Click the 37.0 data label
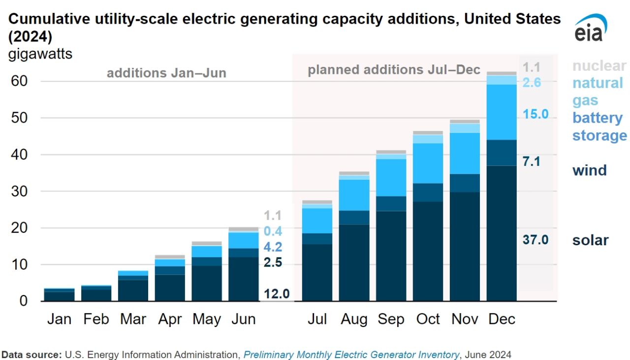pyautogui.click(x=535, y=240)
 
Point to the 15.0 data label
pyautogui.click(x=535, y=114)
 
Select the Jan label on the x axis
pyautogui.click(x=59, y=319)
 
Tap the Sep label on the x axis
pyautogui.click(x=391, y=319)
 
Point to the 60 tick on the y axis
pyautogui.click(x=19, y=81)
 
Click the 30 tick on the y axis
pyautogui.click(x=19, y=191)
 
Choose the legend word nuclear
pyautogui.click(x=599, y=65)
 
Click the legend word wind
pyautogui.click(x=589, y=170)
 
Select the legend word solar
pyautogui.click(x=590, y=240)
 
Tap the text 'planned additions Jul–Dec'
pyautogui.click(x=394, y=70)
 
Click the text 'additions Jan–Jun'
pyautogui.click(x=166, y=73)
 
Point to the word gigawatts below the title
pyautogui.click(x=40, y=54)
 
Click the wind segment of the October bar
pyautogui.click(x=428, y=192)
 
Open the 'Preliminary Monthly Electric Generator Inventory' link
pyautogui.click(x=351, y=355)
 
